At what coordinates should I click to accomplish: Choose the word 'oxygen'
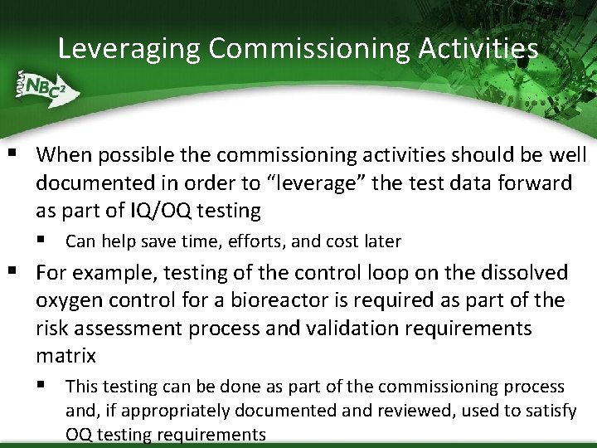pyautogui.click(x=69, y=300)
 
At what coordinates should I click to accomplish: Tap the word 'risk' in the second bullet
pyautogui.click(x=53, y=329)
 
